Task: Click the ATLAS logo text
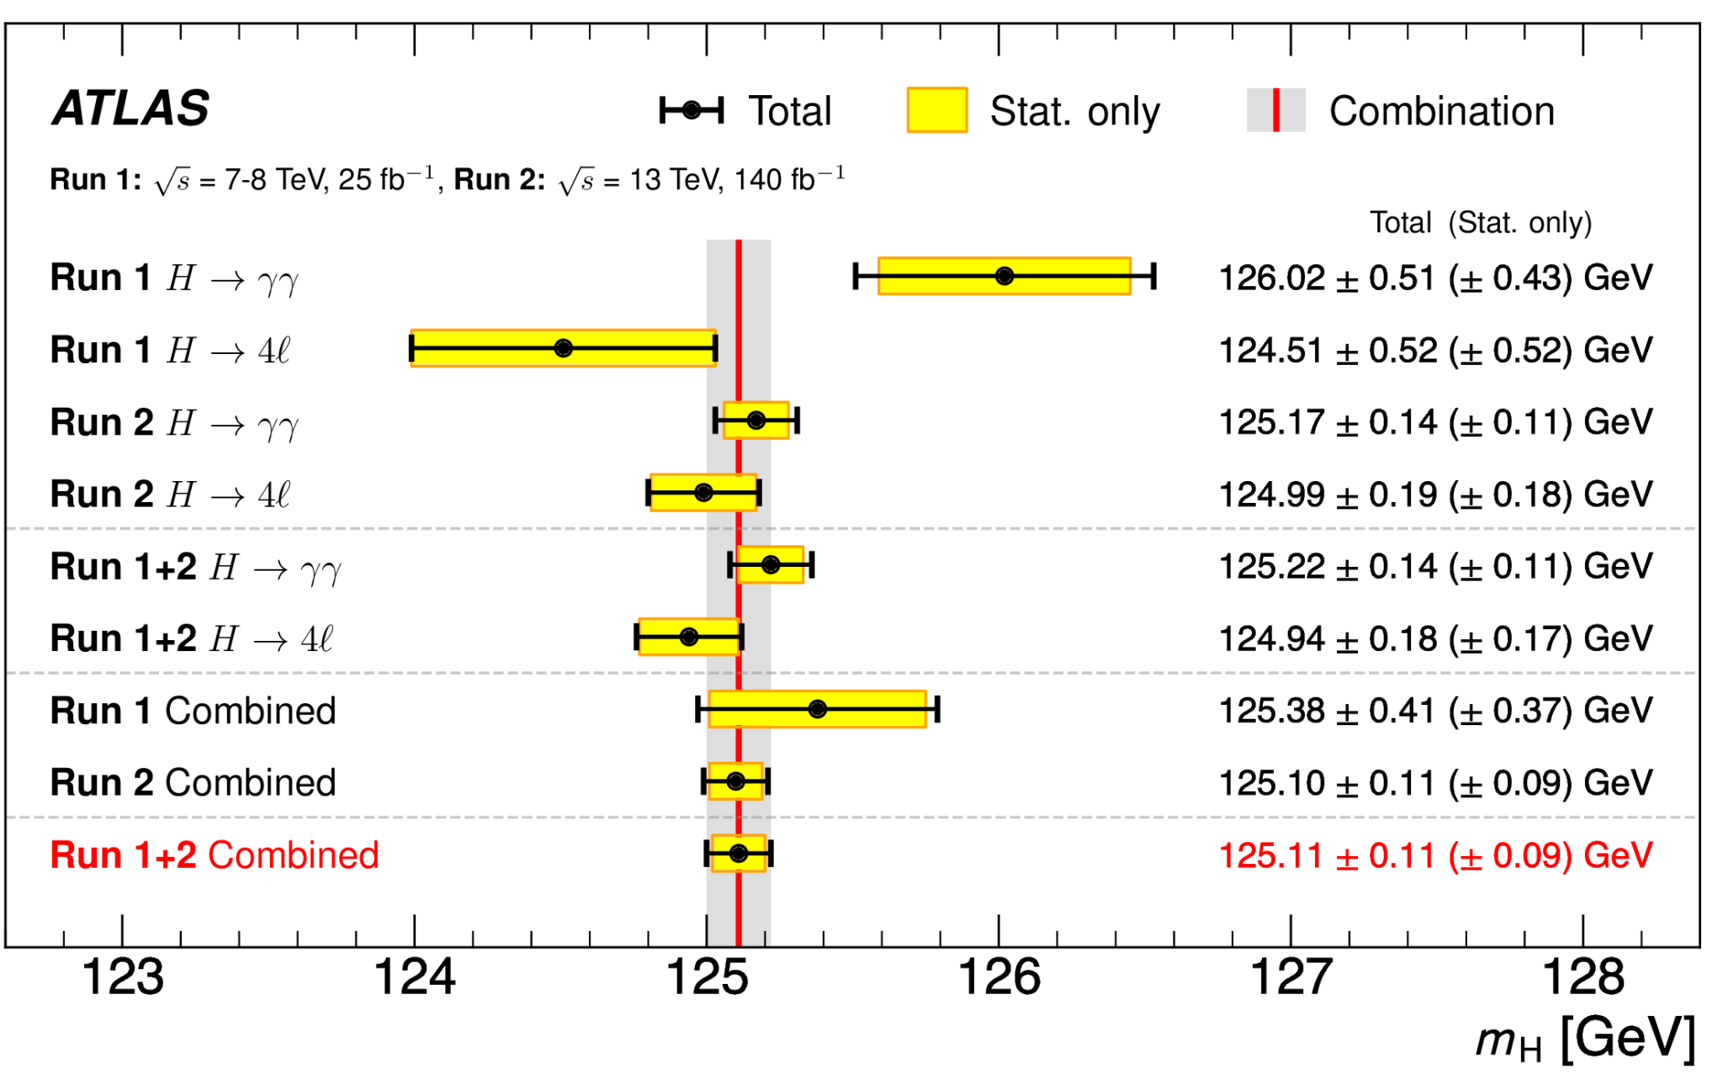coord(130,108)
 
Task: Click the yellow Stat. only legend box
coord(936,110)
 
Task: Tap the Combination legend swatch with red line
coord(1275,110)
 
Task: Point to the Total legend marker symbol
coord(692,110)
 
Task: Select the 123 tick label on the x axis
coord(123,977)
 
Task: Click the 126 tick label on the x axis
coord(999,977)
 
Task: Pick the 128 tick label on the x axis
coord(1583,977)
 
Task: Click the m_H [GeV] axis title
coord(1585,1040)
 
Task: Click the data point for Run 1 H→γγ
coord(1004,276)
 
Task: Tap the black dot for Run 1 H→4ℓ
coord(564,348)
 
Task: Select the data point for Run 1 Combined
coord(817,709)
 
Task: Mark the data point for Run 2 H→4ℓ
coord(703,493)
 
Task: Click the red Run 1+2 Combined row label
coord(215,855)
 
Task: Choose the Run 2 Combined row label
coord(193,783)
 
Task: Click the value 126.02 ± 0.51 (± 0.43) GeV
coord(1435,278)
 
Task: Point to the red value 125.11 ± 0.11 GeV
coord(1435,855)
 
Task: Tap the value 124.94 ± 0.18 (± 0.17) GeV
coord(1435,638)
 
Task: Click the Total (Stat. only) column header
coord(1481,223)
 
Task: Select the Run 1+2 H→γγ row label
coord(195,567)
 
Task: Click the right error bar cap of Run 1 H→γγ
coord(1153,276)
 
